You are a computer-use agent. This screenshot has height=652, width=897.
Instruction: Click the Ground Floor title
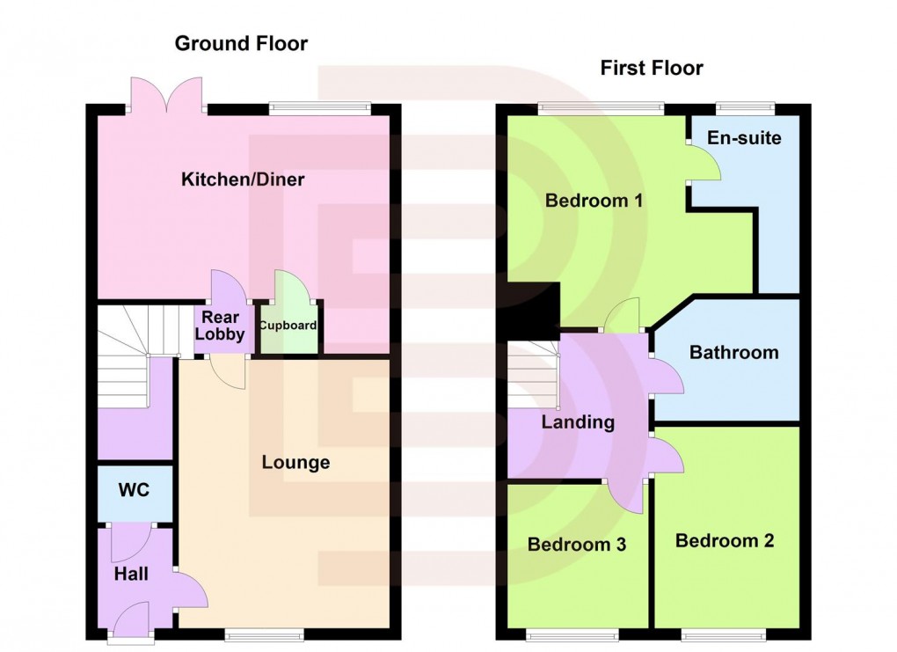(x=242, y=43)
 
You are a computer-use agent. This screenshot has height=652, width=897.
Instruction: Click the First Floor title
(x=652, y=68)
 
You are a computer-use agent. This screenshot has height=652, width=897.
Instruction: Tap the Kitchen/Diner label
(x=243, y=180)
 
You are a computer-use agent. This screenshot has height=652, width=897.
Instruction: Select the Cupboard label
(x=288, y=326)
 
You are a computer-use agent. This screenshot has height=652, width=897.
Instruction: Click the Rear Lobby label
(x=220, y=326)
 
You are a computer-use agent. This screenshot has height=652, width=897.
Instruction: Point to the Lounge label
(x=295, y=462)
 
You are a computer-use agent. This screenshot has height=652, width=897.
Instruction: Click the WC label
(x=134, y=490)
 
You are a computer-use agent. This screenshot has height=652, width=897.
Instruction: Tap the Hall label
(x=131, y=574)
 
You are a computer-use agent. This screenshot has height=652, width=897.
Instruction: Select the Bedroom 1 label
(x=594, y=201)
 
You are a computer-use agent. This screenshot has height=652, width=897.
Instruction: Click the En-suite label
(x=744, y=138)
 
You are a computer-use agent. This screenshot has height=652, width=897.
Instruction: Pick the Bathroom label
(x=733, y=352)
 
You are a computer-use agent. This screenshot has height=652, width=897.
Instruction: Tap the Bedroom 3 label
(x=576, y=545)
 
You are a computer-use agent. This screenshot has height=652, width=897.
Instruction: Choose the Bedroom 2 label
(x=725, y=540)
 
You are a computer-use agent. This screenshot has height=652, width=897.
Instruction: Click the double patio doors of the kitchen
(x=166, y=94)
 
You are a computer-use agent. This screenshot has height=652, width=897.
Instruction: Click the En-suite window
(x=744, y=108)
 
